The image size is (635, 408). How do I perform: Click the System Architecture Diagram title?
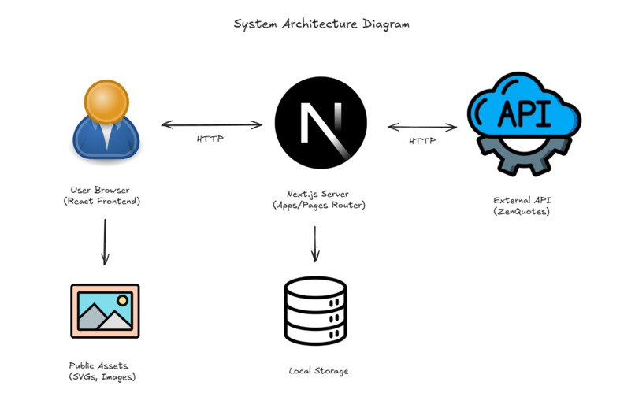click(321, 24)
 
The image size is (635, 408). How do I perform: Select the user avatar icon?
click(106, 122)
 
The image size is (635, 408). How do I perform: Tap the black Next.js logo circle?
click(320, 122)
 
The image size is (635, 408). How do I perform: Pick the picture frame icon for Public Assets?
click(105, 311)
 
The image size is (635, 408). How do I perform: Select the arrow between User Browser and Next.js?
click(212, 124)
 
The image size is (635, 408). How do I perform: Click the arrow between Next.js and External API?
click(422, 126)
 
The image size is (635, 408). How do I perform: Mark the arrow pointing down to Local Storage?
click(315, 244)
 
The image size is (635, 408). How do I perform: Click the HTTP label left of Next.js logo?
click(210, 139)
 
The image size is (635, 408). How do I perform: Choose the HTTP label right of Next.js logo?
click(421, 142)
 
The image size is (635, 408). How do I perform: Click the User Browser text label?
click(100, 190)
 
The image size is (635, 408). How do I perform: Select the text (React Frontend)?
click(100, 202)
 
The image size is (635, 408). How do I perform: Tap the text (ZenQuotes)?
click(521, 211)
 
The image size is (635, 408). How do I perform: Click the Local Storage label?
click(319, 370)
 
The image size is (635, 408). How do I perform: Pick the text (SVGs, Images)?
click(102, 377)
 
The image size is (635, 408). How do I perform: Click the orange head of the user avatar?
click(106, 100)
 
